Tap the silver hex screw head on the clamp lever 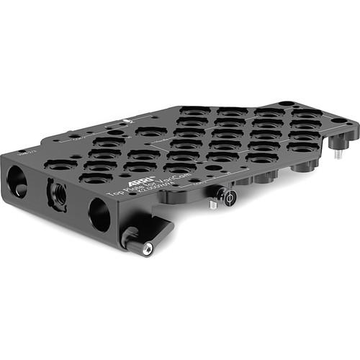click(148, 249)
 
